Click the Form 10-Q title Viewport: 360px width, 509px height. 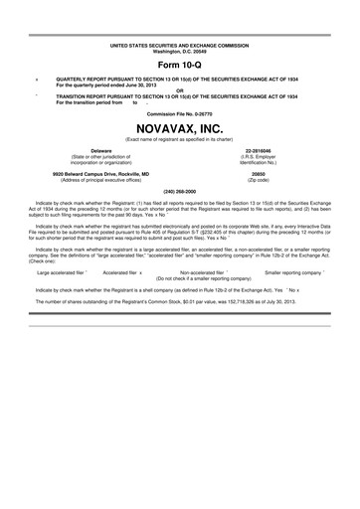[x=179, y=65]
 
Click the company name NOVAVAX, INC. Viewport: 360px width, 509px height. [x=179, y=127]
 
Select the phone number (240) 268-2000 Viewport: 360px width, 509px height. [x=179, y=189]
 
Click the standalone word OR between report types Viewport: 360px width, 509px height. [x=179, y=90]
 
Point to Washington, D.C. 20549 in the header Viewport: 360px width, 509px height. [x=179, y=52]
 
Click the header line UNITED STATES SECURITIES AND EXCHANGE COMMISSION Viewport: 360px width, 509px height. [x=179, y=46]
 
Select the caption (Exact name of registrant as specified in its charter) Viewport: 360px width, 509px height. [x=179, y=138]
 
